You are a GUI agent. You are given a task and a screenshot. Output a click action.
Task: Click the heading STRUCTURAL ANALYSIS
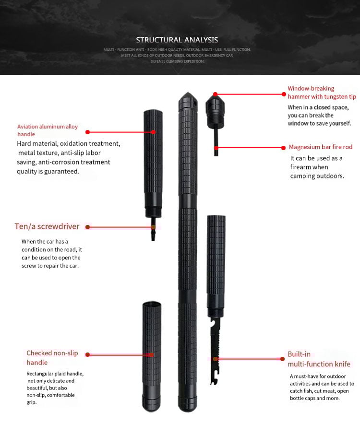pos(177,40)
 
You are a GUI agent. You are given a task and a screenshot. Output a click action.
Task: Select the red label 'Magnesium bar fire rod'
pos(321,147)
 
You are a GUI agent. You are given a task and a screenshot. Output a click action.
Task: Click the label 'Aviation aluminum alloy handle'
pos(47,130)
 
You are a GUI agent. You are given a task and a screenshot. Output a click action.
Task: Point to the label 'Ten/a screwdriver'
pos(47,226)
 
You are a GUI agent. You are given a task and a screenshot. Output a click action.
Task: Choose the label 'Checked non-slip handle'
pos(52,358)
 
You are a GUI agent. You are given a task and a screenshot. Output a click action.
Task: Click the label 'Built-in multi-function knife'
pos(319,359)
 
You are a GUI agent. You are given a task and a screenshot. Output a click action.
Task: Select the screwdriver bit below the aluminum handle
pos(153,233)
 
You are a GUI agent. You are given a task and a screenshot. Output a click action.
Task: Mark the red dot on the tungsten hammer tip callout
pos(216,94)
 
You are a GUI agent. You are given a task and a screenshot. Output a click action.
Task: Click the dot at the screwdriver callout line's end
pos(153,227)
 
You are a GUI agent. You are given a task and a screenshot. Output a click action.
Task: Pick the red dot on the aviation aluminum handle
pos(154,132)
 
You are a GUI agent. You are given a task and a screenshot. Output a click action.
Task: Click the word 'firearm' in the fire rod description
pos(302,167)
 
